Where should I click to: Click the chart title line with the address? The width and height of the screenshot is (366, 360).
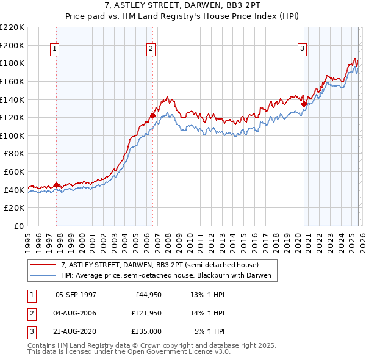pyautogui.click(x=183, y=6)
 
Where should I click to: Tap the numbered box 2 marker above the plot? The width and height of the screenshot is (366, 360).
pyautogui.click(x=151, y=49)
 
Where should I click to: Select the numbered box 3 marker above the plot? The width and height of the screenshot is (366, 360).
pyautogui.click(x=302, y=49)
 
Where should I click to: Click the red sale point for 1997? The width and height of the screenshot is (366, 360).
pyautogui.click(x=56, y=185)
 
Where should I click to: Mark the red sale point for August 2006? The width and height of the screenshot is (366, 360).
pyautogui.click(x=152, y=115)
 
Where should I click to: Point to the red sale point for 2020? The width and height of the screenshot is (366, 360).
pyautogui.click(x=304, y=104)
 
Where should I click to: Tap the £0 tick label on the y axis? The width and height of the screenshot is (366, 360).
pyautogui.click(x=18, y=226)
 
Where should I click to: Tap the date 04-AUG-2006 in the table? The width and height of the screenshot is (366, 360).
pyautogui.click(x=76, y=313)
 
